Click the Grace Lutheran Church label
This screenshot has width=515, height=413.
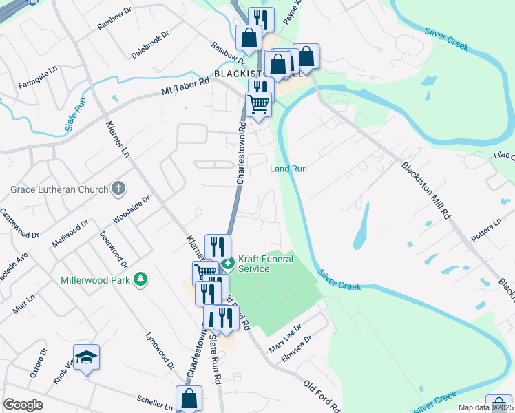(60, 189)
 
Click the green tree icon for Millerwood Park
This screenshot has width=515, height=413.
(140, 279)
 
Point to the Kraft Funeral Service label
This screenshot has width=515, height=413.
(265, 264)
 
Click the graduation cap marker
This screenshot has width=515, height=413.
(86, 357)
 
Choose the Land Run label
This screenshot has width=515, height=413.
(288, 169)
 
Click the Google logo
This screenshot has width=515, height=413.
(23, 405)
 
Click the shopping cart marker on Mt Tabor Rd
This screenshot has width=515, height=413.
(258, 104)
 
